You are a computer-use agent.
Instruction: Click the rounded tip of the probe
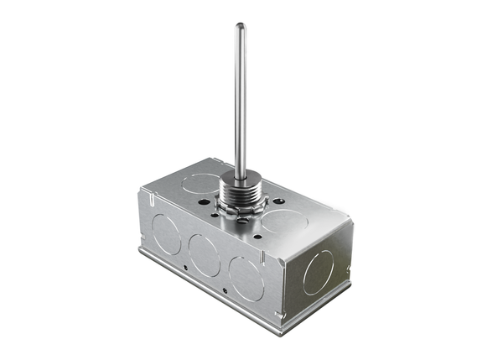click(240, 27)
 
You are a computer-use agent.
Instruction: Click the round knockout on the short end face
click(318, 272)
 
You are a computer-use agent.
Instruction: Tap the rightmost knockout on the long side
click(247, 278)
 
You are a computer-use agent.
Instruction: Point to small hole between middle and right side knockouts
click(226, 290)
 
